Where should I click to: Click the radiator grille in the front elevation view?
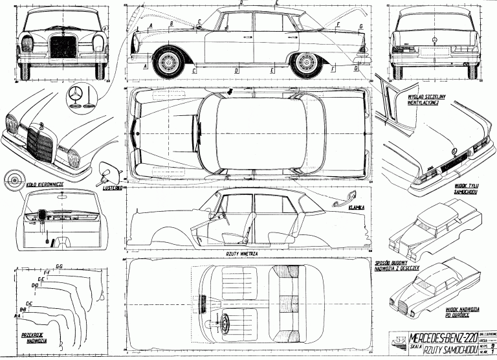pyautogui.click(x=63, y=49)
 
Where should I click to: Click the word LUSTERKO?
pyautogui.click(x=115, y=188)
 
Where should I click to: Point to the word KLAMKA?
pyautogui.click(x=356, y=208)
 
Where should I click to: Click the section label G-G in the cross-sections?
pyautogui.click(x=59, y=266)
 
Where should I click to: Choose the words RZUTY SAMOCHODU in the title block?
pyautogui.click(x=440, y=350)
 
